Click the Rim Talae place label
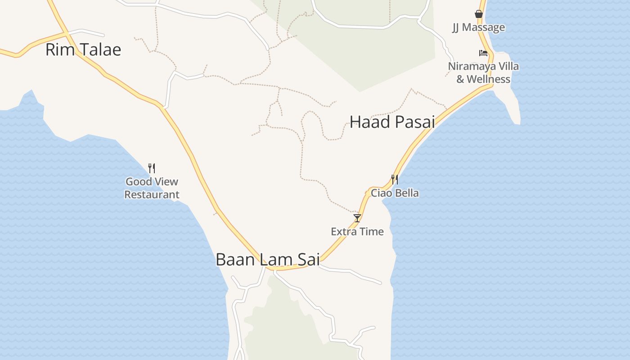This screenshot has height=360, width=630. pyautogui.click(x=83, y=49)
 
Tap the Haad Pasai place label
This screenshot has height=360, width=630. pyautogui.click(x=392, y=122)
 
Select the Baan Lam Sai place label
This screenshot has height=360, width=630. pyautogui.click(x=268, y=260)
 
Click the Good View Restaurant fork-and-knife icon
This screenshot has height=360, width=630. pyautogui.click(x=152, y=168)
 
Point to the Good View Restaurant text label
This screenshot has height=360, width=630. pyautogui.click(x=152, y=188)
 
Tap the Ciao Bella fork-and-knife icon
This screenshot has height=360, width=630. pyautogui.click(x=395, y=180)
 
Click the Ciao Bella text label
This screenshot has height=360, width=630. pyautogui.click(x=395, y=193)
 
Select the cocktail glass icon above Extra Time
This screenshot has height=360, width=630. pyautogui.click(x=357, y=218)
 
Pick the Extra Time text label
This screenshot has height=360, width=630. pyautogui.click(x=357, y=232)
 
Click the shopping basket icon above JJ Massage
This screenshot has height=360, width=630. pyautogui.click(x=479, y=14)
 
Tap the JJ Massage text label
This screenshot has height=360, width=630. pyautogui.click(x=479, y=27)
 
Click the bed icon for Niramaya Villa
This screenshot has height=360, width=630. pyautogui.click(x=483, y=53)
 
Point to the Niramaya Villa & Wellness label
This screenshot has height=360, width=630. pyautogui.click(x=483, y=73)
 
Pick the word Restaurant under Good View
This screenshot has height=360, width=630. pyautogui.click(x=152, y=195)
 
